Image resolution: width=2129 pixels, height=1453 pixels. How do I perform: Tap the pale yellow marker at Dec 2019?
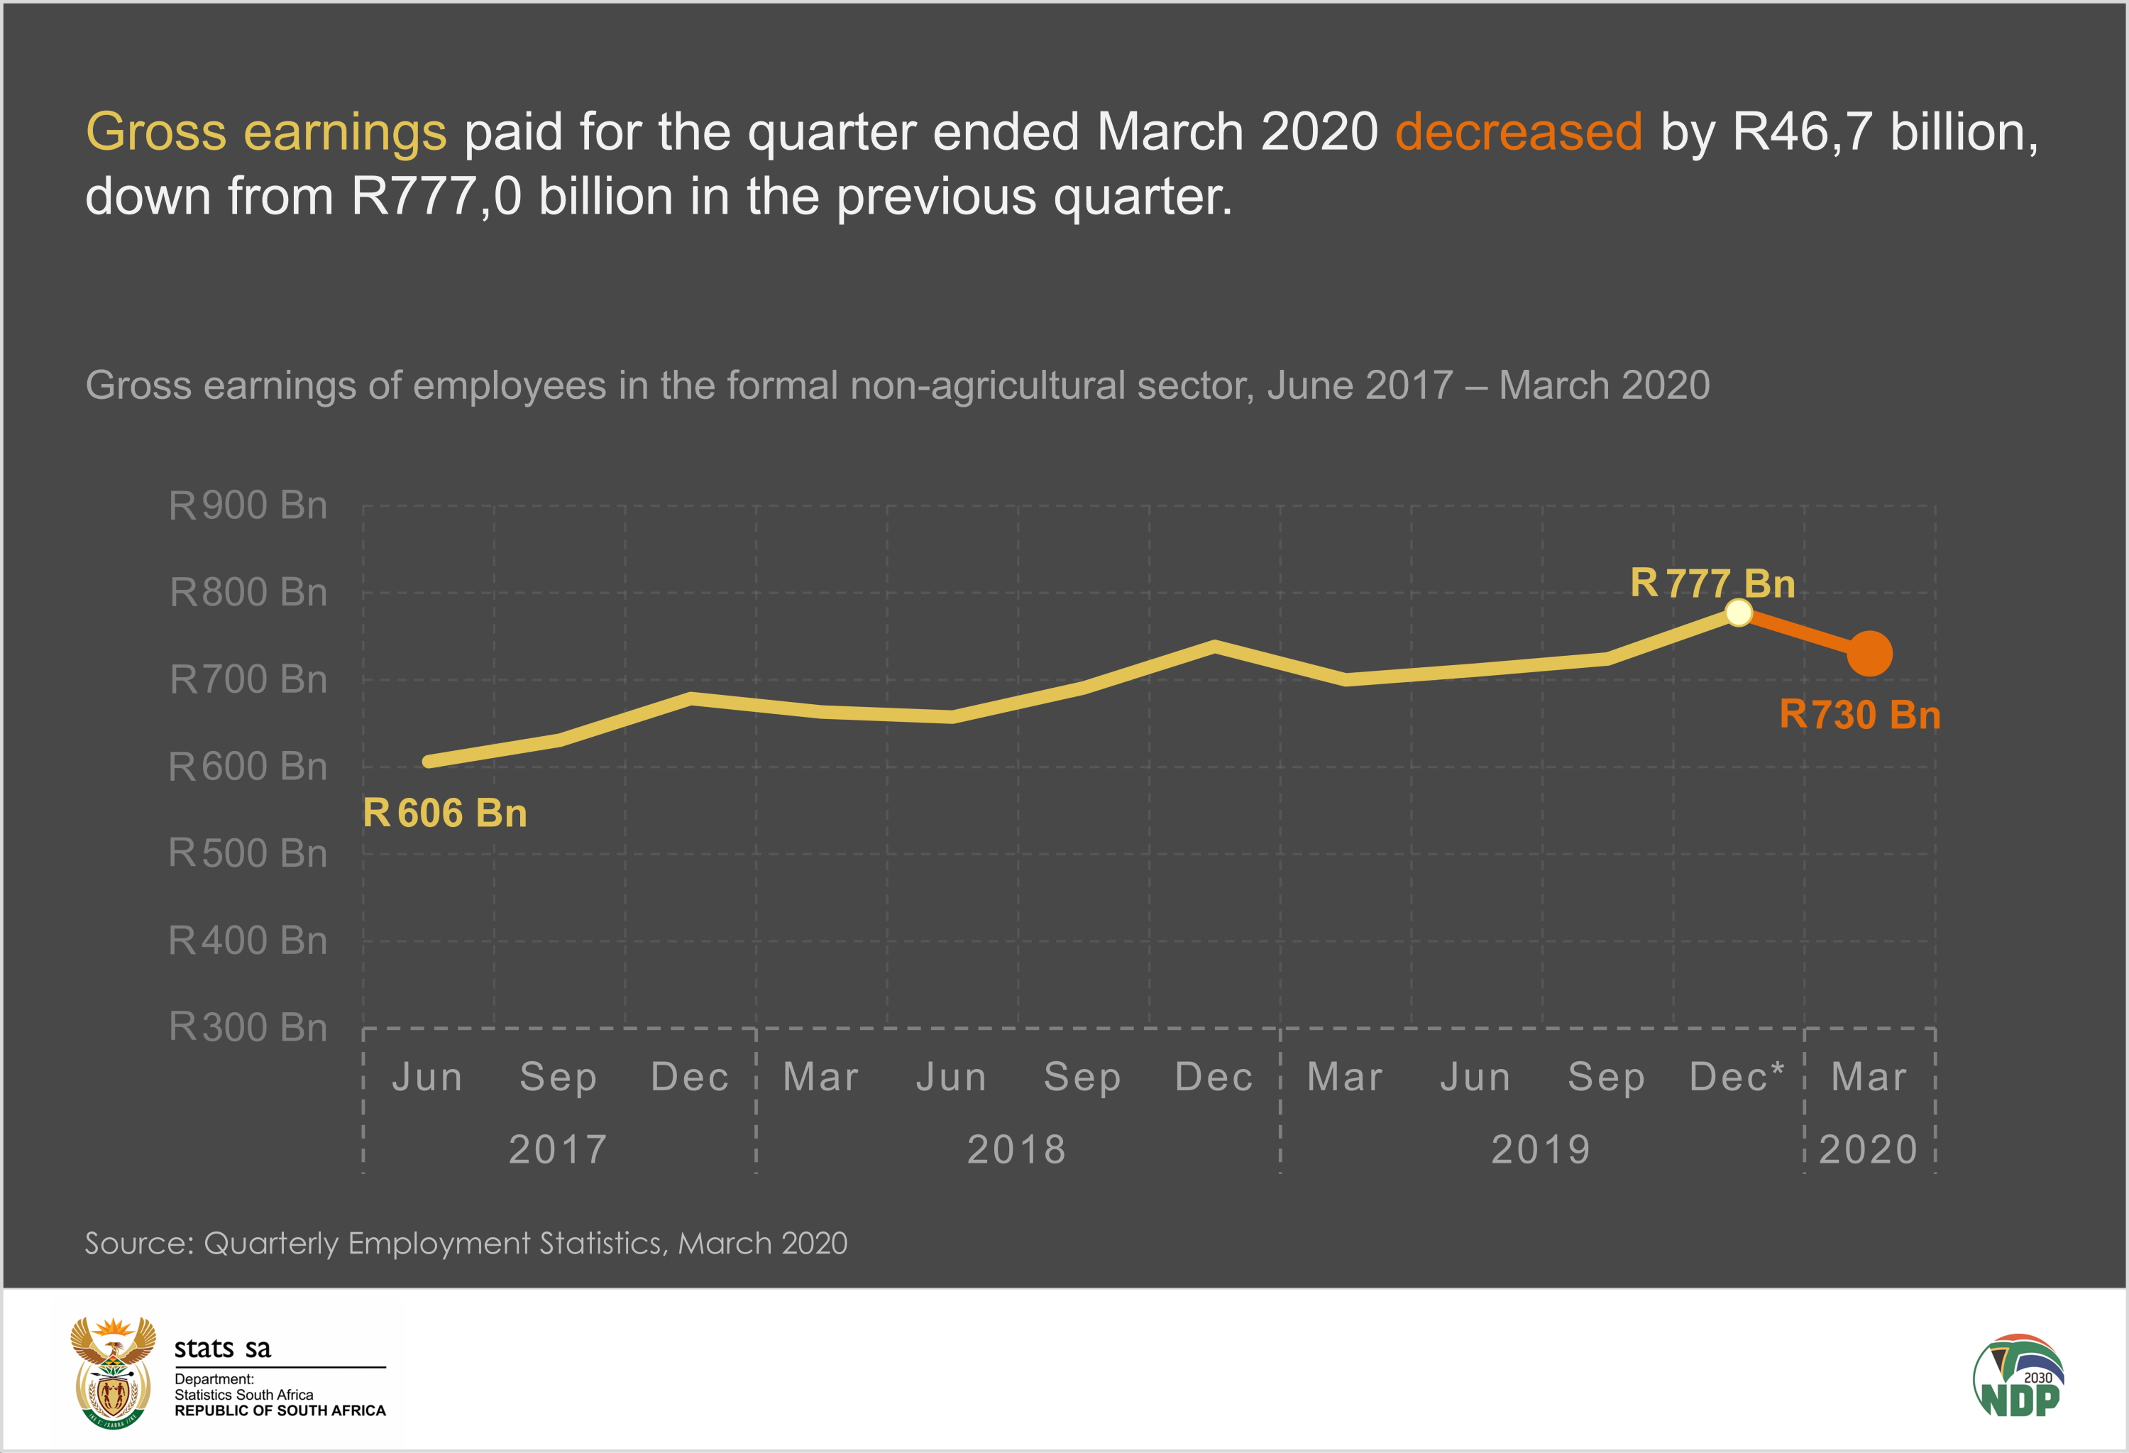tap(1738, 613)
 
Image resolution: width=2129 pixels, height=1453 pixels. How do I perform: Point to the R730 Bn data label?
tap(1859, 715)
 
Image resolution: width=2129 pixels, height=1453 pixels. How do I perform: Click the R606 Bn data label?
tap(444, 813)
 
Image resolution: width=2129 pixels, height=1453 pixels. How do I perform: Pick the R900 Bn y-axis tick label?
tap(248, 505)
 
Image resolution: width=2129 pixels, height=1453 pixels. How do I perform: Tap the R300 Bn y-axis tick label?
tap(248, 1027)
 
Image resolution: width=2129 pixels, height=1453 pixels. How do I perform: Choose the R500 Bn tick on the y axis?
tap(248, 853)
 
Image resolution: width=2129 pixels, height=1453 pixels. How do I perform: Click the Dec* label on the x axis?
tap(1736, 1077)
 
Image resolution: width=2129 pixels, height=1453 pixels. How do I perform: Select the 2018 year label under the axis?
tap(1017, 1148)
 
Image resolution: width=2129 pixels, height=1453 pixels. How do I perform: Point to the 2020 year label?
tap(1868, 1148)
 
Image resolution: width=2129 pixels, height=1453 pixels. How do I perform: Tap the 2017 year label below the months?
tap(558, 1148)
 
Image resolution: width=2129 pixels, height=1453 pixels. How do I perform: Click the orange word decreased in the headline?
tap(1518, 132)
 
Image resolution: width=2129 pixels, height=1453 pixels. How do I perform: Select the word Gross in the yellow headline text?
tap(155, 132)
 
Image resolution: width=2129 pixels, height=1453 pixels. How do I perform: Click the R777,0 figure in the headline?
tap(436, 196)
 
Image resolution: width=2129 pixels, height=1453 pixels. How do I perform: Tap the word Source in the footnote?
tap(138, 1243)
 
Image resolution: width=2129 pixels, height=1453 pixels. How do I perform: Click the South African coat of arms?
tap(114, 1371)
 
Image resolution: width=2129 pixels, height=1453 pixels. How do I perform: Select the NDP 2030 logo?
tap(2019, 1376)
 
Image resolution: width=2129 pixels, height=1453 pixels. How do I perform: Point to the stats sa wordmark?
tap(223, 1349)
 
